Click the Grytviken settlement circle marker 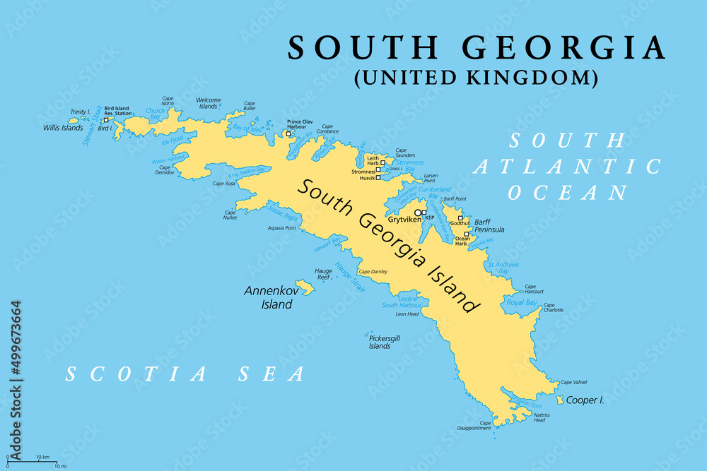point(418,213)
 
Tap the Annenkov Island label point(268,297)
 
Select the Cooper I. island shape point(561,400)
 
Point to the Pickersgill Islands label point(385,342)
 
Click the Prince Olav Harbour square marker point(288,133)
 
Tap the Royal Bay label point(522,303)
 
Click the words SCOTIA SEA point(185,374)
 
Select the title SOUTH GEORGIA point(477,48)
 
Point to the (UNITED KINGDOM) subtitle point(476,77)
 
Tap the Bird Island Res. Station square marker point(105,120)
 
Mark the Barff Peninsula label point(489,225)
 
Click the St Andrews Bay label point(503,268)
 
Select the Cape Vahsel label point(574,382)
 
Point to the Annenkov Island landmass point(305,287)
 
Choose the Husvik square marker point(378,178)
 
